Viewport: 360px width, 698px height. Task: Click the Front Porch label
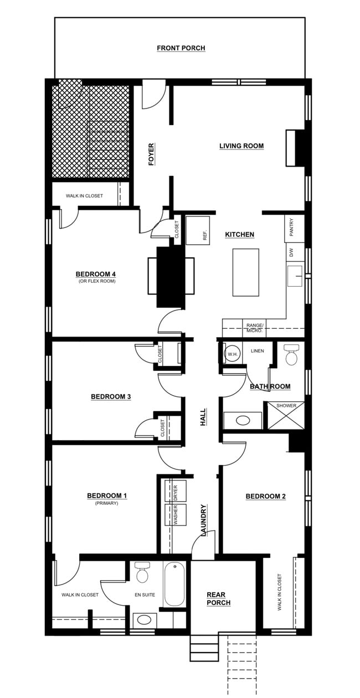tap(181, 48)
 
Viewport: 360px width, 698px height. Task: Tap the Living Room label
tap(241, 146)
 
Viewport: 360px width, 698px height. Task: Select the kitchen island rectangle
tap(245, 272)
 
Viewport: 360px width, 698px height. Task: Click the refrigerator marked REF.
tap(198, 230)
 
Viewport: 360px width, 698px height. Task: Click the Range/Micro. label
tap(255, 328)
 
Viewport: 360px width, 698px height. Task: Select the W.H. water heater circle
tap(232, 354)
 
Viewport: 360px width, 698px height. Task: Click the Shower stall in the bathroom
tap(286, 415)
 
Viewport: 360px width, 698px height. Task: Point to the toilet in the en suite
tap(143, 572)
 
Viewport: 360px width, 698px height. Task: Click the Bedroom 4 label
tap(96, 274)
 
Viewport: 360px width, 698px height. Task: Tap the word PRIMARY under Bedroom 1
tap(106, 503)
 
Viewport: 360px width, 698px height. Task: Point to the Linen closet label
tap(258, 351)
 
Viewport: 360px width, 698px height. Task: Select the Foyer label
tap(151, 154)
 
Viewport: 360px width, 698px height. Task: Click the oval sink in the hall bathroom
tap(243, 421)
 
